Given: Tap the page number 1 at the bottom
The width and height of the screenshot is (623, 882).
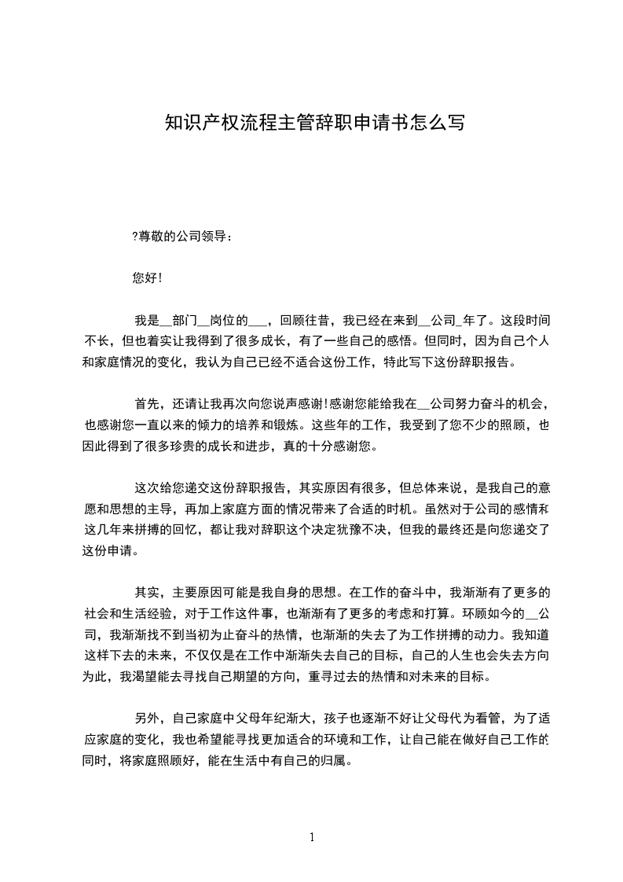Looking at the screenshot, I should [x=312, y=837].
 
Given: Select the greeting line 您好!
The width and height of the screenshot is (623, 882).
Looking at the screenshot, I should [x=148, y=277].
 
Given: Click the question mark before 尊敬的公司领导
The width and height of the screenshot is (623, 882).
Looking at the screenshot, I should [x=135, y=235].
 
